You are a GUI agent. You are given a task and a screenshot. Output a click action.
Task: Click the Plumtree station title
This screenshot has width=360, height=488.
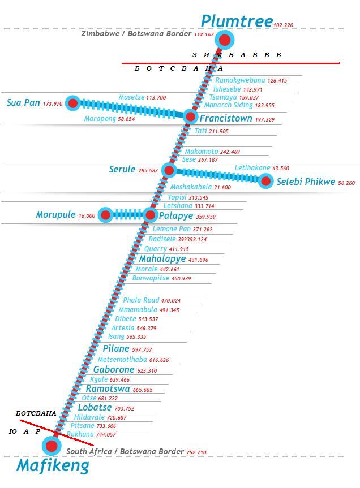coord(237,21)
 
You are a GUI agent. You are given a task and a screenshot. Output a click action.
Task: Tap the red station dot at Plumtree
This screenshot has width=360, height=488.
coord(225,40)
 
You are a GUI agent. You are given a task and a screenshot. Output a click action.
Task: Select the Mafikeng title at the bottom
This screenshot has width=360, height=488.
coord(53,466)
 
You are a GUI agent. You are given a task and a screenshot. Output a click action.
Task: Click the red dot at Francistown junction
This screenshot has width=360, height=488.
coord(190,117)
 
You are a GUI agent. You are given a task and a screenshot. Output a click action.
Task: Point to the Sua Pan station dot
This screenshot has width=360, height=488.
coord(72,103)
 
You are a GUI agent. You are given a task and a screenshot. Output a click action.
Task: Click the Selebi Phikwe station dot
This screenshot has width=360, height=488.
coord(265,182)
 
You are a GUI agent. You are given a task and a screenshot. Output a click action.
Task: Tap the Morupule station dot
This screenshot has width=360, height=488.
coord(105,215)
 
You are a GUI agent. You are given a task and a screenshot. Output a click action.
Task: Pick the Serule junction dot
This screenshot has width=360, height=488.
coord(168,170)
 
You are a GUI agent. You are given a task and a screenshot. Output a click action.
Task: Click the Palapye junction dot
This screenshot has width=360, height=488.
coord(150,215)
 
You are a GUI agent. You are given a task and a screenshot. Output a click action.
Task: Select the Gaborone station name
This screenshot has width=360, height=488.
coord(114,370)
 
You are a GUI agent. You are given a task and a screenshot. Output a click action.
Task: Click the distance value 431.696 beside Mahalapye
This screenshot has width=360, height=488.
coord(198,260)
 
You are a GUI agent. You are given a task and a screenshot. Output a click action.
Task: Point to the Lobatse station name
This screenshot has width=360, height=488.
coord(95,408)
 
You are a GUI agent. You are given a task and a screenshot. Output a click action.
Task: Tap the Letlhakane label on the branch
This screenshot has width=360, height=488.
coord(252,168)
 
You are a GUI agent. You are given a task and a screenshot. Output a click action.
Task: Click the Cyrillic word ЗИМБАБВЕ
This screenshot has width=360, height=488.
coord(237,55)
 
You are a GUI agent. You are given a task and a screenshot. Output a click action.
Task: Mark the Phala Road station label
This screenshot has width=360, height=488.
coord(141,300)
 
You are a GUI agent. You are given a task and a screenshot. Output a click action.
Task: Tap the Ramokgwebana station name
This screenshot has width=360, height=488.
coord(240,80)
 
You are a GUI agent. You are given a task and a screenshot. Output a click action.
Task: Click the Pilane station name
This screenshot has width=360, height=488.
coord(116,349)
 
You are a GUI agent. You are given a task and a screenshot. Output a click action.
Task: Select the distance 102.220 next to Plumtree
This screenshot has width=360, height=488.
coord(283,25)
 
